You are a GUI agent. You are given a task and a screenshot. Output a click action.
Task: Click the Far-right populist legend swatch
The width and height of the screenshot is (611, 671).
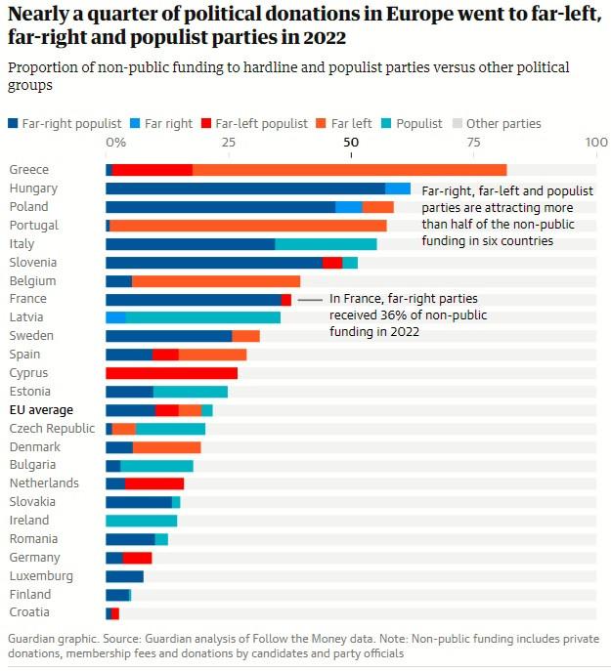pos(13,124)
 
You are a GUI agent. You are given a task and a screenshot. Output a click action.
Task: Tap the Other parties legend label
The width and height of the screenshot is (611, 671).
pos(503,124)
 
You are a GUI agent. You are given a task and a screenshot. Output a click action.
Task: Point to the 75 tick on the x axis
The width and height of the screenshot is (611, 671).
pos(474,143)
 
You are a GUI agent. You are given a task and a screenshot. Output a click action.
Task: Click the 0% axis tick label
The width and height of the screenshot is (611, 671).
pos(115,143)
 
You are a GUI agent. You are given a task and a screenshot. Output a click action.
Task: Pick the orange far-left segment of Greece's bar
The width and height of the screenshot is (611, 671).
pos(349,170)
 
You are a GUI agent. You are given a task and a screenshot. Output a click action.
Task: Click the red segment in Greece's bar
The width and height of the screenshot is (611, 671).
pos(153,170)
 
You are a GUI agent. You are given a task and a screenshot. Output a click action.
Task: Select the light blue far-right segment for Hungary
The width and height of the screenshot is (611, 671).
pos(398,189)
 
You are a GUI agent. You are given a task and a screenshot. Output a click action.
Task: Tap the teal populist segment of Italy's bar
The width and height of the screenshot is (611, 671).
pos(326,244)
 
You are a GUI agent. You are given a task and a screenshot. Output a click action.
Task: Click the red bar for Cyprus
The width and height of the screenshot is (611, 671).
pos(171,373)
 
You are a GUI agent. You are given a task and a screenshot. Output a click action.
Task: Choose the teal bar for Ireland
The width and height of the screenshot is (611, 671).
pos(141,521)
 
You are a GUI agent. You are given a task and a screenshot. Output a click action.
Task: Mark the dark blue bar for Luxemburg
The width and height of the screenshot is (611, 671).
pos(124,576)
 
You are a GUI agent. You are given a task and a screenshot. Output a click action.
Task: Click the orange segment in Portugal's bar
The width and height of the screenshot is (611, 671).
pos(248,226)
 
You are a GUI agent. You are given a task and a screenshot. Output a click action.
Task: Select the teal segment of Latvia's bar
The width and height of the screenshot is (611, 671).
pos(203,317)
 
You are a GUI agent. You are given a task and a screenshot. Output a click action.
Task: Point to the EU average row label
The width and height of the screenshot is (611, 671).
pos(41,410)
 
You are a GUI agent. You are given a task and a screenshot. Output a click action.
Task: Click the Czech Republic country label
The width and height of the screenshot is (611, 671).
pos(52,429)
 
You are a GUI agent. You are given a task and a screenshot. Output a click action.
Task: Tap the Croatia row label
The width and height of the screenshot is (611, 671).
pos(30,613)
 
